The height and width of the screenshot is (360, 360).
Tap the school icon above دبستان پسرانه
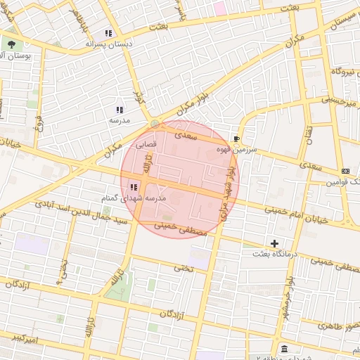click(108, 33)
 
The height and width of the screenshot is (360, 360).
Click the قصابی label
click(155, 143)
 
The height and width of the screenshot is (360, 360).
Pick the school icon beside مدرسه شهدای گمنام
click(133, 186)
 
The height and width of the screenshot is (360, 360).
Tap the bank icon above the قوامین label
click(345, 171)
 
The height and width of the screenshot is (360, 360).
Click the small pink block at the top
click(220, 8)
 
